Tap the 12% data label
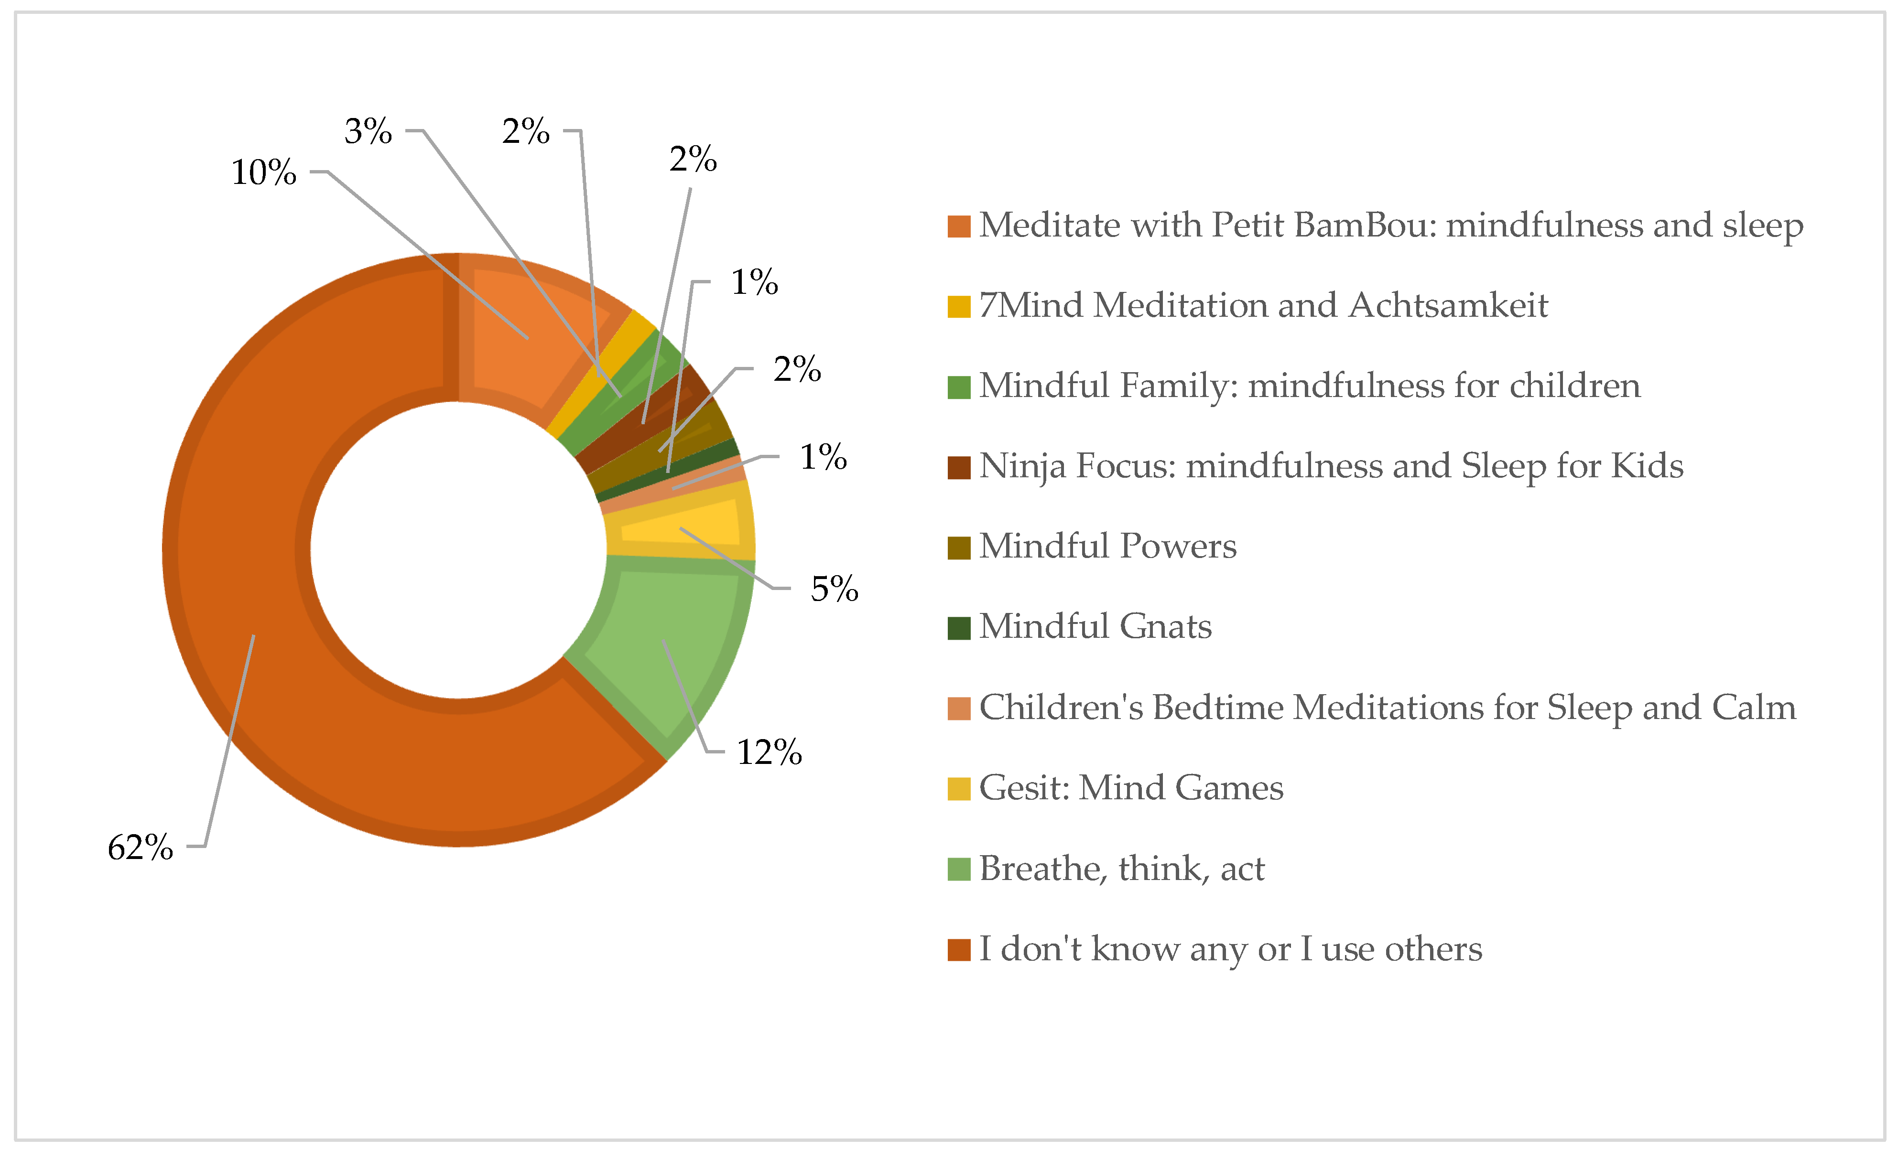tap(769, 752)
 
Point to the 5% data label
tap(834, 589)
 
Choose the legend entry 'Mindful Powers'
tap(1107, 547)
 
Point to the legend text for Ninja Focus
tap(1330, 466)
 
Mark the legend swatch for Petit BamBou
tap(958, 226)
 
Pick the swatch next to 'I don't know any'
tap(958, 950)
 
